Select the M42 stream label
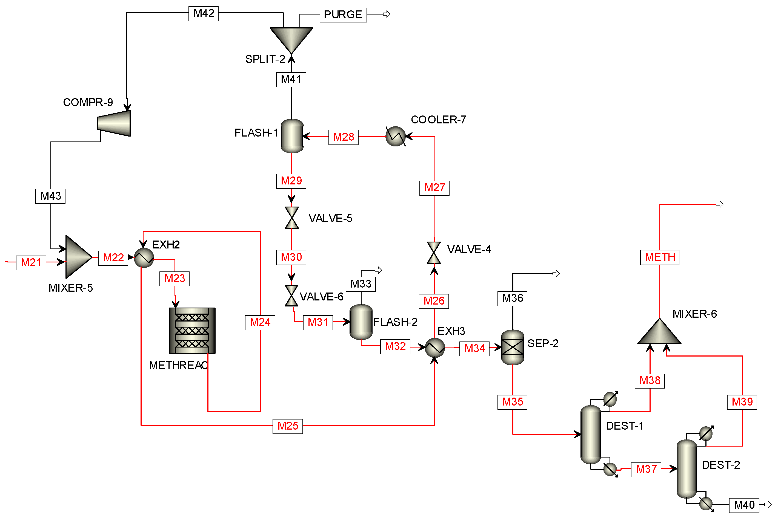click(204, 14)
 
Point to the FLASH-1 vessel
click(292, 136)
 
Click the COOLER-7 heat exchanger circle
click(395, 136)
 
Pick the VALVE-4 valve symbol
click(434, 253)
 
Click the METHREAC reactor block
click(192, 331)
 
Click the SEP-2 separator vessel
click(513, 348)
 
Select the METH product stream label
click(660, 257)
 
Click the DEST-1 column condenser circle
click(610, 399)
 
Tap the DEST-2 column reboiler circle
click(706, 504)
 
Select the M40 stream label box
click(744, 505)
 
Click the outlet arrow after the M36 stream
click(556, 274)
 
